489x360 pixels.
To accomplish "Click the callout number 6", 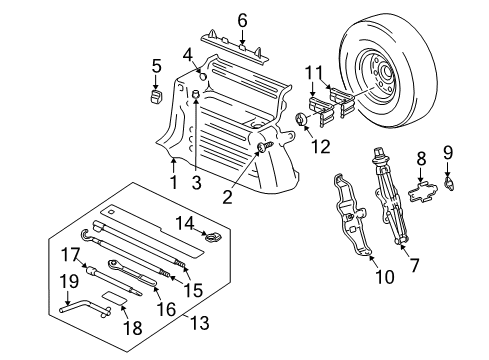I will tap(242, 19).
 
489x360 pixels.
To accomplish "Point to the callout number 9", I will tap(448, 153).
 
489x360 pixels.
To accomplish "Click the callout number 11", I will tap(316, 72).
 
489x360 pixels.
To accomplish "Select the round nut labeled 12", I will tap(300, 123).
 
